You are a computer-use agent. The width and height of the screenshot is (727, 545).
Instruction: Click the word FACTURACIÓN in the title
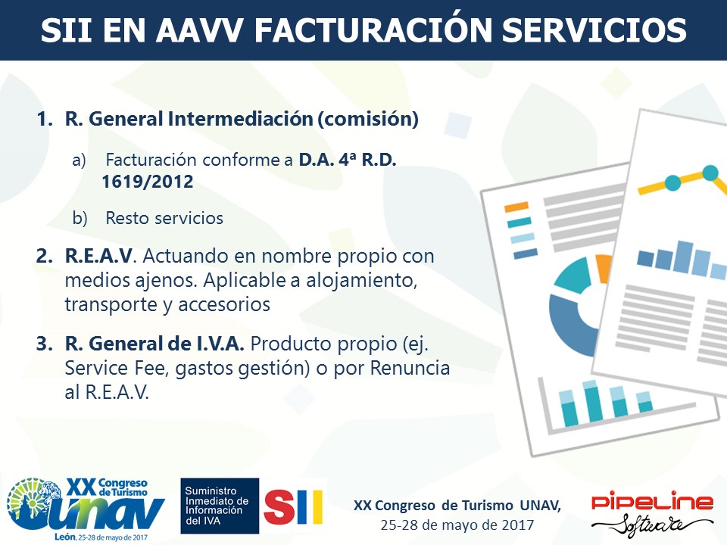[373, 30]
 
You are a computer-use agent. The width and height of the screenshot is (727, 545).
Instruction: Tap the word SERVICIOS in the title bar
[594, 30]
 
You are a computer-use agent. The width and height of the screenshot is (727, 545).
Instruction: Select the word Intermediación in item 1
[240, 119]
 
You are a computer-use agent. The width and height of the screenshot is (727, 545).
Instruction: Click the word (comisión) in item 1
[368, 119]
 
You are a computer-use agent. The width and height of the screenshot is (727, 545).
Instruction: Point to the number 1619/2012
[148, 181]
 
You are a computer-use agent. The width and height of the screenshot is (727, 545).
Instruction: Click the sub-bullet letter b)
[80, 218]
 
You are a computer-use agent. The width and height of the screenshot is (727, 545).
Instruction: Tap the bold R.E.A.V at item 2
[98, 256]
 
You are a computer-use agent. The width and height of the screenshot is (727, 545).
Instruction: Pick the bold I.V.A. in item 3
[217, 344]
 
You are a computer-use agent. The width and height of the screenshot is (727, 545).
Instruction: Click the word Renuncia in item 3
[410, 368]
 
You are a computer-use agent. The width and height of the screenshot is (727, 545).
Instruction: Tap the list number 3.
[44, 344]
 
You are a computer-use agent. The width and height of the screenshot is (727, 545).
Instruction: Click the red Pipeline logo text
[652, 503]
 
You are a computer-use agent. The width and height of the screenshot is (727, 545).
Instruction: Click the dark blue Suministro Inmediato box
[220, 506]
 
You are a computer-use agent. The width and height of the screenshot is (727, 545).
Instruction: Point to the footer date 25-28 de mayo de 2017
[457, 525]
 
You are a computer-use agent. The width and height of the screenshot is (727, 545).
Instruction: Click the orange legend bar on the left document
[516, 207]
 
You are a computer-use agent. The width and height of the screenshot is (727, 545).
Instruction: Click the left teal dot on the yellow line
[672, 182]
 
